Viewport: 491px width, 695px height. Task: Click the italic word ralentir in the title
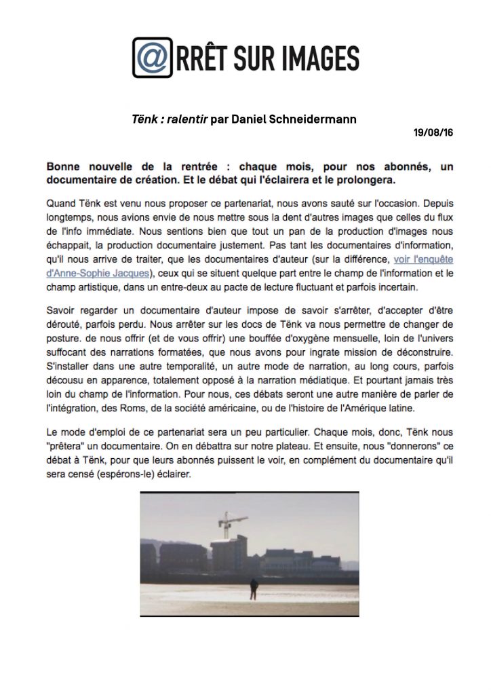[x=186, y=119]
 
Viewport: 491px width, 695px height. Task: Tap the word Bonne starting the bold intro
[x=64, y=166]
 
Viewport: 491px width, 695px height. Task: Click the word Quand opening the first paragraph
[x=62, y=202]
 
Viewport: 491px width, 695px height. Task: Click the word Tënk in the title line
[x=144, y=119]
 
